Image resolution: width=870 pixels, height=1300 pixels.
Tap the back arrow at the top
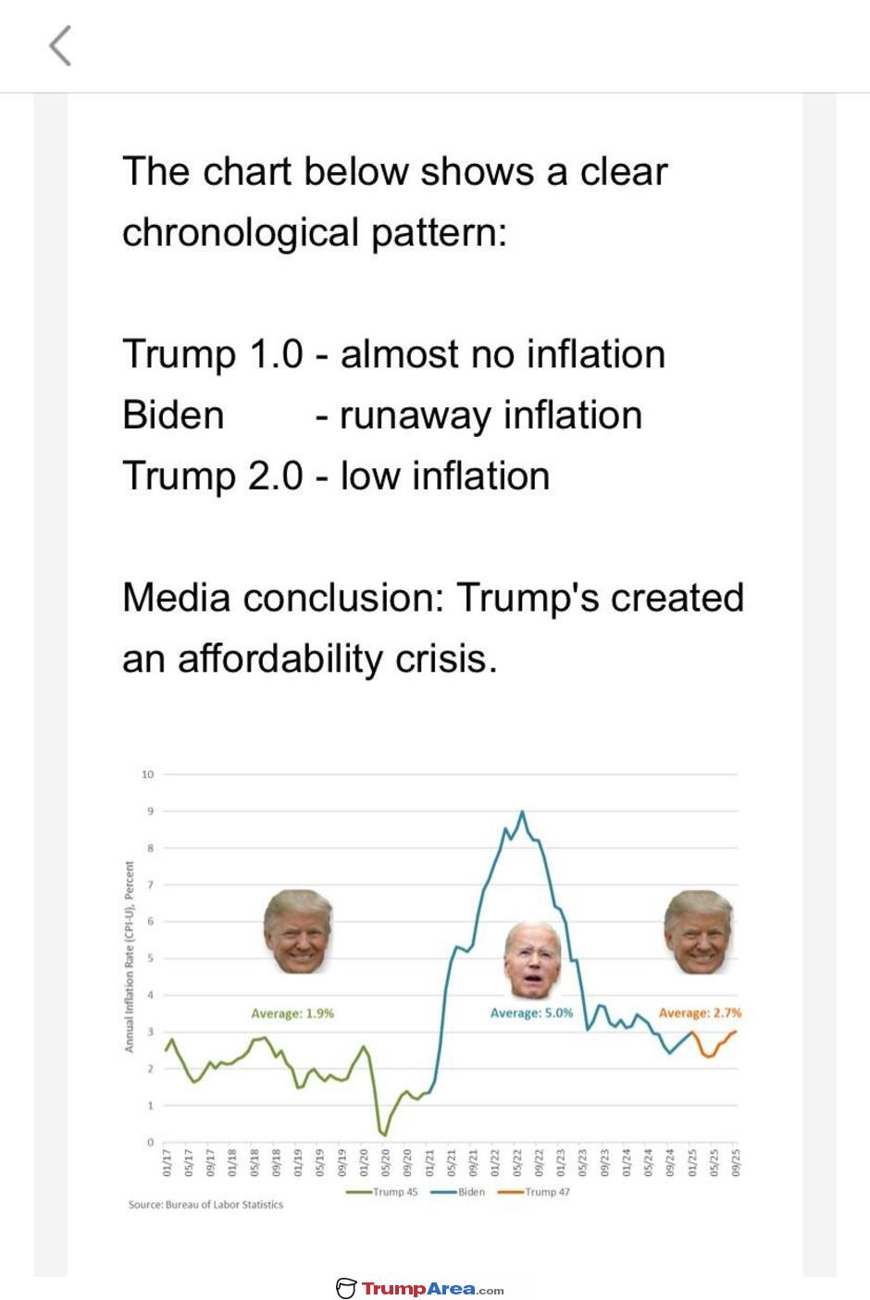click(x=60, y=45)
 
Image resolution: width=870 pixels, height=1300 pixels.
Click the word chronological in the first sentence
click(x=241, y=232)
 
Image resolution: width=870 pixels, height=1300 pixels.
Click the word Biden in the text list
click(x=173, y=415)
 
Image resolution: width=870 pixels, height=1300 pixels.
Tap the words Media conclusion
click(x=283, y=598)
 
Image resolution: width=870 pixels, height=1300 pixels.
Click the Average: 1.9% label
click(x=292, y=1013)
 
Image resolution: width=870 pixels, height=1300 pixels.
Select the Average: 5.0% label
click(x=531, y=1013)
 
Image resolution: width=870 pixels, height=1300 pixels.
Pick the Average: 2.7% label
click(x=700, y=1013)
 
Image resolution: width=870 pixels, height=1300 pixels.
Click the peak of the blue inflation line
click(x=522, y=812)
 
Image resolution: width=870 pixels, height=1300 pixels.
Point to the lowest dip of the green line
click(x=383, y=1133)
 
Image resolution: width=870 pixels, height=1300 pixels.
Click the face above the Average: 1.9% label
click(x=298, y=932)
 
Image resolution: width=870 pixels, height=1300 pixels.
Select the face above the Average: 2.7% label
click(x=699, y=932)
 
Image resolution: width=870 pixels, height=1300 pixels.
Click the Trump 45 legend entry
click(x=382, y=1192)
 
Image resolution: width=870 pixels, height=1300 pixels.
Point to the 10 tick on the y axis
click(x=147, y=774)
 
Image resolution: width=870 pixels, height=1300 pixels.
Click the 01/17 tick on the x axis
click(x=168, y=1162)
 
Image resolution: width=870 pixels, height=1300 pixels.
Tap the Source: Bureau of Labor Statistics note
click(x=205, y=1205)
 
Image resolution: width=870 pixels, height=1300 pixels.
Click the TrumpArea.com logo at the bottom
click(x=420, y=1289)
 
